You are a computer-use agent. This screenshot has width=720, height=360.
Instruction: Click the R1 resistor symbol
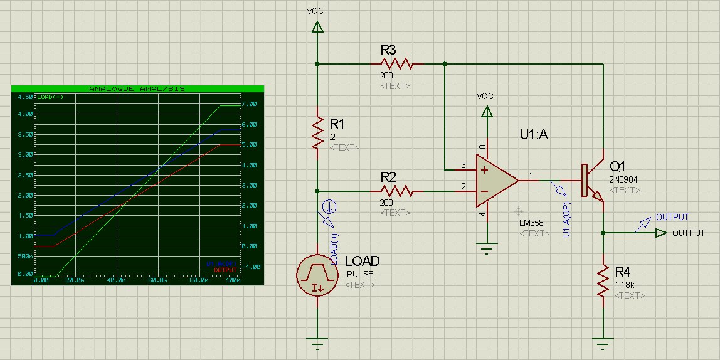click(317, 132)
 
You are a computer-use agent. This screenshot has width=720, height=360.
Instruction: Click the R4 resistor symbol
click(603, 280)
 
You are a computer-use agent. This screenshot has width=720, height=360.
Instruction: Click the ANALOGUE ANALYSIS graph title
click(137, 89)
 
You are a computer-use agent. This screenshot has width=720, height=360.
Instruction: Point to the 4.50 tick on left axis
click(25, 98)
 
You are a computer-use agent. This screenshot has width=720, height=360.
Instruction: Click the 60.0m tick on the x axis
click(157, 280)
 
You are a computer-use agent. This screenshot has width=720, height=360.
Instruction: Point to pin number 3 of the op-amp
click(463, 165)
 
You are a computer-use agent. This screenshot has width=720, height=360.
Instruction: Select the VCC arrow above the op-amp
click(485, 112)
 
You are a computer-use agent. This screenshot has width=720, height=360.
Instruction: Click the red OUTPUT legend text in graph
click(226, 270)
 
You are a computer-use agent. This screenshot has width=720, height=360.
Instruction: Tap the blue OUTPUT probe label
click(672, 217)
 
